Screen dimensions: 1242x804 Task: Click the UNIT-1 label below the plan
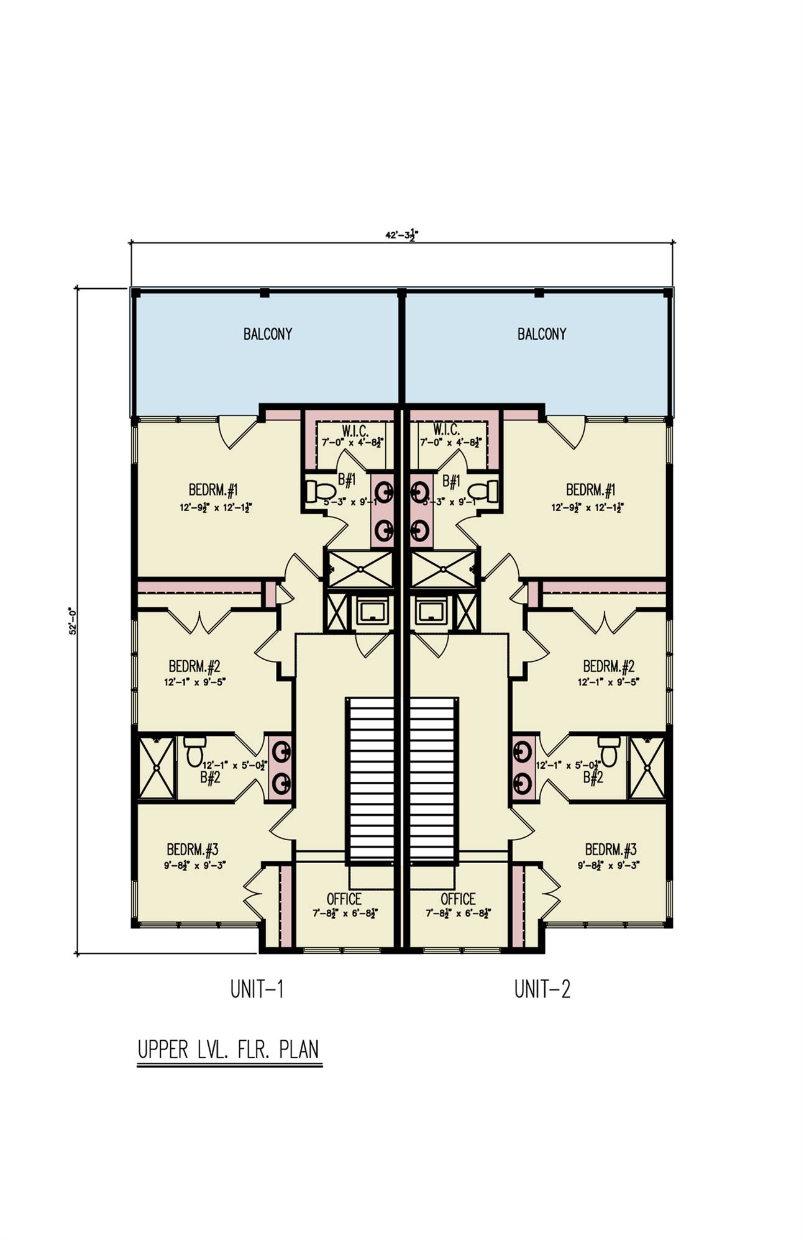(x=257, y=989)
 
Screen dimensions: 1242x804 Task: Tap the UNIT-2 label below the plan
(x=542, y=989)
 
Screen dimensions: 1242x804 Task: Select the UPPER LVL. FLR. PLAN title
(x=229, y=1049)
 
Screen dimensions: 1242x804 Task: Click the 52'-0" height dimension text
(x=73, y=620)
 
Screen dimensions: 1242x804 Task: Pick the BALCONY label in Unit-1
(x=267, y=334)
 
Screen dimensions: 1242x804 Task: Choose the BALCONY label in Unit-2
(x=542, y=334)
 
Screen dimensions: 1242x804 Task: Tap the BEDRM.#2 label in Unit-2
(x=608, y=667)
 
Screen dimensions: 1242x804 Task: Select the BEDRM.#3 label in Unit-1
(x=192, y=850)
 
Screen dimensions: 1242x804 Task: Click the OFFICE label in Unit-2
(x=458, y=899)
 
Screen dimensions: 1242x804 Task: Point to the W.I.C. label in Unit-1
(x=355, y=430)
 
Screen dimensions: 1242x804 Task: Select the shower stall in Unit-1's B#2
(x=157, y=768)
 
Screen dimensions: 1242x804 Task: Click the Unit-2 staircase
(x=434, y=779)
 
